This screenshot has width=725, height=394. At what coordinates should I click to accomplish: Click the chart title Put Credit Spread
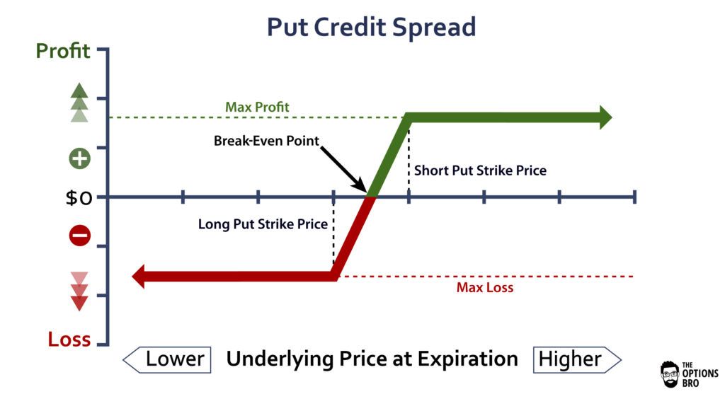pos(371,27)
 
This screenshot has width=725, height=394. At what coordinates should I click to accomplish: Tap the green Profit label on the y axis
pos(63,52)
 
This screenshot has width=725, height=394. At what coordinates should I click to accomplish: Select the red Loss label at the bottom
pos(69,339)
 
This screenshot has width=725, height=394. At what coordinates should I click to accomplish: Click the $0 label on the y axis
pos(79,197)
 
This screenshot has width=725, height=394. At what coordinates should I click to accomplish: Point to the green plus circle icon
pos(79,158)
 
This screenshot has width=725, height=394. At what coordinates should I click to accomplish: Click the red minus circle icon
pos(79,236)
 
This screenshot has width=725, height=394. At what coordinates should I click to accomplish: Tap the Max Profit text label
pos(257,108)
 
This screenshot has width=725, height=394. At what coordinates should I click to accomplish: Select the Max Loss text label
pos(484,287)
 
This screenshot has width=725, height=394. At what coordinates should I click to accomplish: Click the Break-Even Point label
pos(266,141)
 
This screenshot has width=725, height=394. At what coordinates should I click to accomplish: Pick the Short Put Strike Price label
pos(480,170)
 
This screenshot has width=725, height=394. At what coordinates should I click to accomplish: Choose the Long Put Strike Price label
pos(263,224)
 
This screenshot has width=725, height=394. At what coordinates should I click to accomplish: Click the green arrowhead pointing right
pos(604,117)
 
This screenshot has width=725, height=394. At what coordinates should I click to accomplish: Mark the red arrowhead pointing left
pos(139,276)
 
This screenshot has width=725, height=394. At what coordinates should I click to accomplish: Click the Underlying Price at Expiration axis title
pos(372,359)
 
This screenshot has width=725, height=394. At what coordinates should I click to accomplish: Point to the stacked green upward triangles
pos(79,103)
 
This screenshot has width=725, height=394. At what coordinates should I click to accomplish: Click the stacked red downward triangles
pos(79,291)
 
